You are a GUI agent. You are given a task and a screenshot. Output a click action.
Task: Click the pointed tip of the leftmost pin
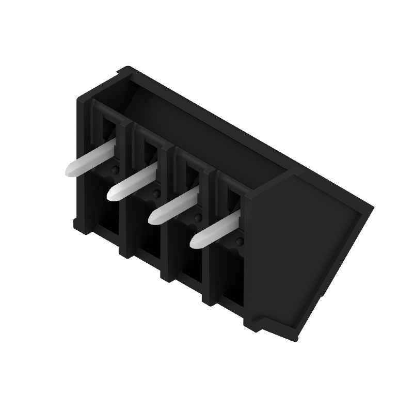coord(69,170)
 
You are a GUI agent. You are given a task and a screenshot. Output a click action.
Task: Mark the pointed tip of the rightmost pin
coord(194,241)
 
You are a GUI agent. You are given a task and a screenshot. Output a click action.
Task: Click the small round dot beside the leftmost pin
coord(115,170)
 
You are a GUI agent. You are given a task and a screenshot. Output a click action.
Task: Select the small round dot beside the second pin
coord(156,194)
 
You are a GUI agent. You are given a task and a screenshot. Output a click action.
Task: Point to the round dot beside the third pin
coord(197,217)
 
